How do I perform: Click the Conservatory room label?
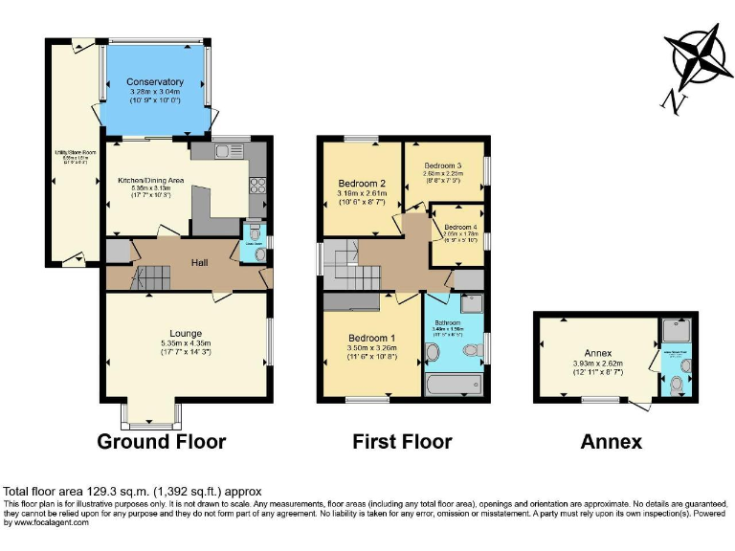pos(154,82)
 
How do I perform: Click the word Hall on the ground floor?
pos(199,263)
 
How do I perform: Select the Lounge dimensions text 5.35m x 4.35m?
pos(186,342)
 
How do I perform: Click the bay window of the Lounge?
pos(150,416)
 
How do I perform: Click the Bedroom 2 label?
pos(362,184)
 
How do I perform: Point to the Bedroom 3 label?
pos(443,165)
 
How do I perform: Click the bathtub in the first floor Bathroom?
pos(453,385)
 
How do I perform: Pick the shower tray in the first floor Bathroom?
pos(472,304)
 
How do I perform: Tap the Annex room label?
pos(597,352)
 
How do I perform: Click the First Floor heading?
pos(402,442)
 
